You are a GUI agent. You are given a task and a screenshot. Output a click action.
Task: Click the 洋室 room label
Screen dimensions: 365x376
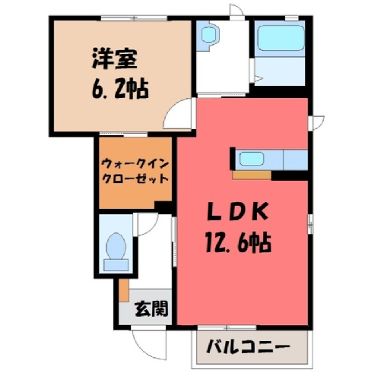pyautogui.click(x=114, y=58)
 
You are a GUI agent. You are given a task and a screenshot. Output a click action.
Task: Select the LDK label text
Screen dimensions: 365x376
pyautogui.click(x=237, y=212)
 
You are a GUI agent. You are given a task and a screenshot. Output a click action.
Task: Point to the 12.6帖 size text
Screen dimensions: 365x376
pyautogui.click(x=238, y=243)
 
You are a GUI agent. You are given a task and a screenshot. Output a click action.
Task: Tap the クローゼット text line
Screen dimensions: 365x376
pyautogui.click(x=135, y=179)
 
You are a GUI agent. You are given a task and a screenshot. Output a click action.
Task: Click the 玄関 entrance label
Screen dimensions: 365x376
pyautogui.click(x=151, y=308)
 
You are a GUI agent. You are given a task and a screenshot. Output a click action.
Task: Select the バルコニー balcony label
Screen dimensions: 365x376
pyautogui.click(x=248, y=346)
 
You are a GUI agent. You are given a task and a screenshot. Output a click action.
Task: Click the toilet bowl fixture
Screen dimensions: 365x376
pyautogui.click(x=116, y=245)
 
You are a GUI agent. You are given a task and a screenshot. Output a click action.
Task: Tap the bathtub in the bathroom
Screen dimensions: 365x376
pyautogui.click(x=281, y=38)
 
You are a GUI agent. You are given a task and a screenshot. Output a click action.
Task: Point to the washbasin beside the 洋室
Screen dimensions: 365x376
pyautogui.click(x=208, y=35)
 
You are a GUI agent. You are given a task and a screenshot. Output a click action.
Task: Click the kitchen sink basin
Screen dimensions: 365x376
pyautogui.click(x=252, y=159)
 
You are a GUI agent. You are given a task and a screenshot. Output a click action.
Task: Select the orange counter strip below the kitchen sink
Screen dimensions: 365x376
pyautogui.click(x=252, y=175)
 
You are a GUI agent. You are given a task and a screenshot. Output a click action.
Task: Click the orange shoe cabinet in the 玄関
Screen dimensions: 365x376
pyautogui.click(x=124, y=290)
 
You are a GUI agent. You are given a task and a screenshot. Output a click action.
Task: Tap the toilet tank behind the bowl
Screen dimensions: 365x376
pyautogui.click(x=116, y=265)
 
